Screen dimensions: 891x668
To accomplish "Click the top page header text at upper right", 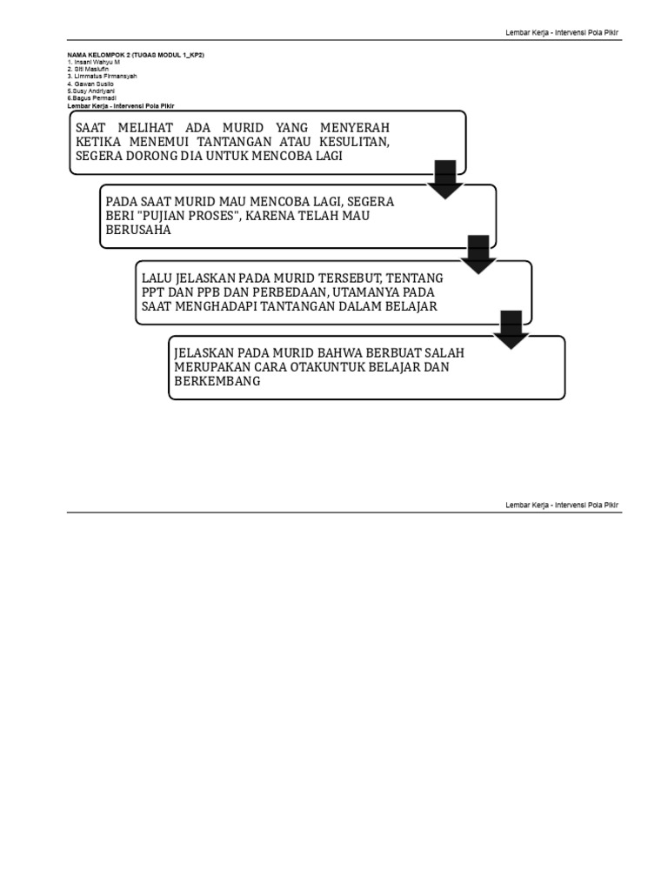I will coord(563,33).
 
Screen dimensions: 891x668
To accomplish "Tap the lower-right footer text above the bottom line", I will coord(563,506).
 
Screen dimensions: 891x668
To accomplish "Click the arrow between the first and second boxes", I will coord(444,178).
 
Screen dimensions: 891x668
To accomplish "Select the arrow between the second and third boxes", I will coord(478,253).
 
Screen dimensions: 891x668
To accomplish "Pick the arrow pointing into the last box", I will coord(511,329).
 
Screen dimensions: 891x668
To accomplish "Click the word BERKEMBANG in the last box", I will coord(217,381).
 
